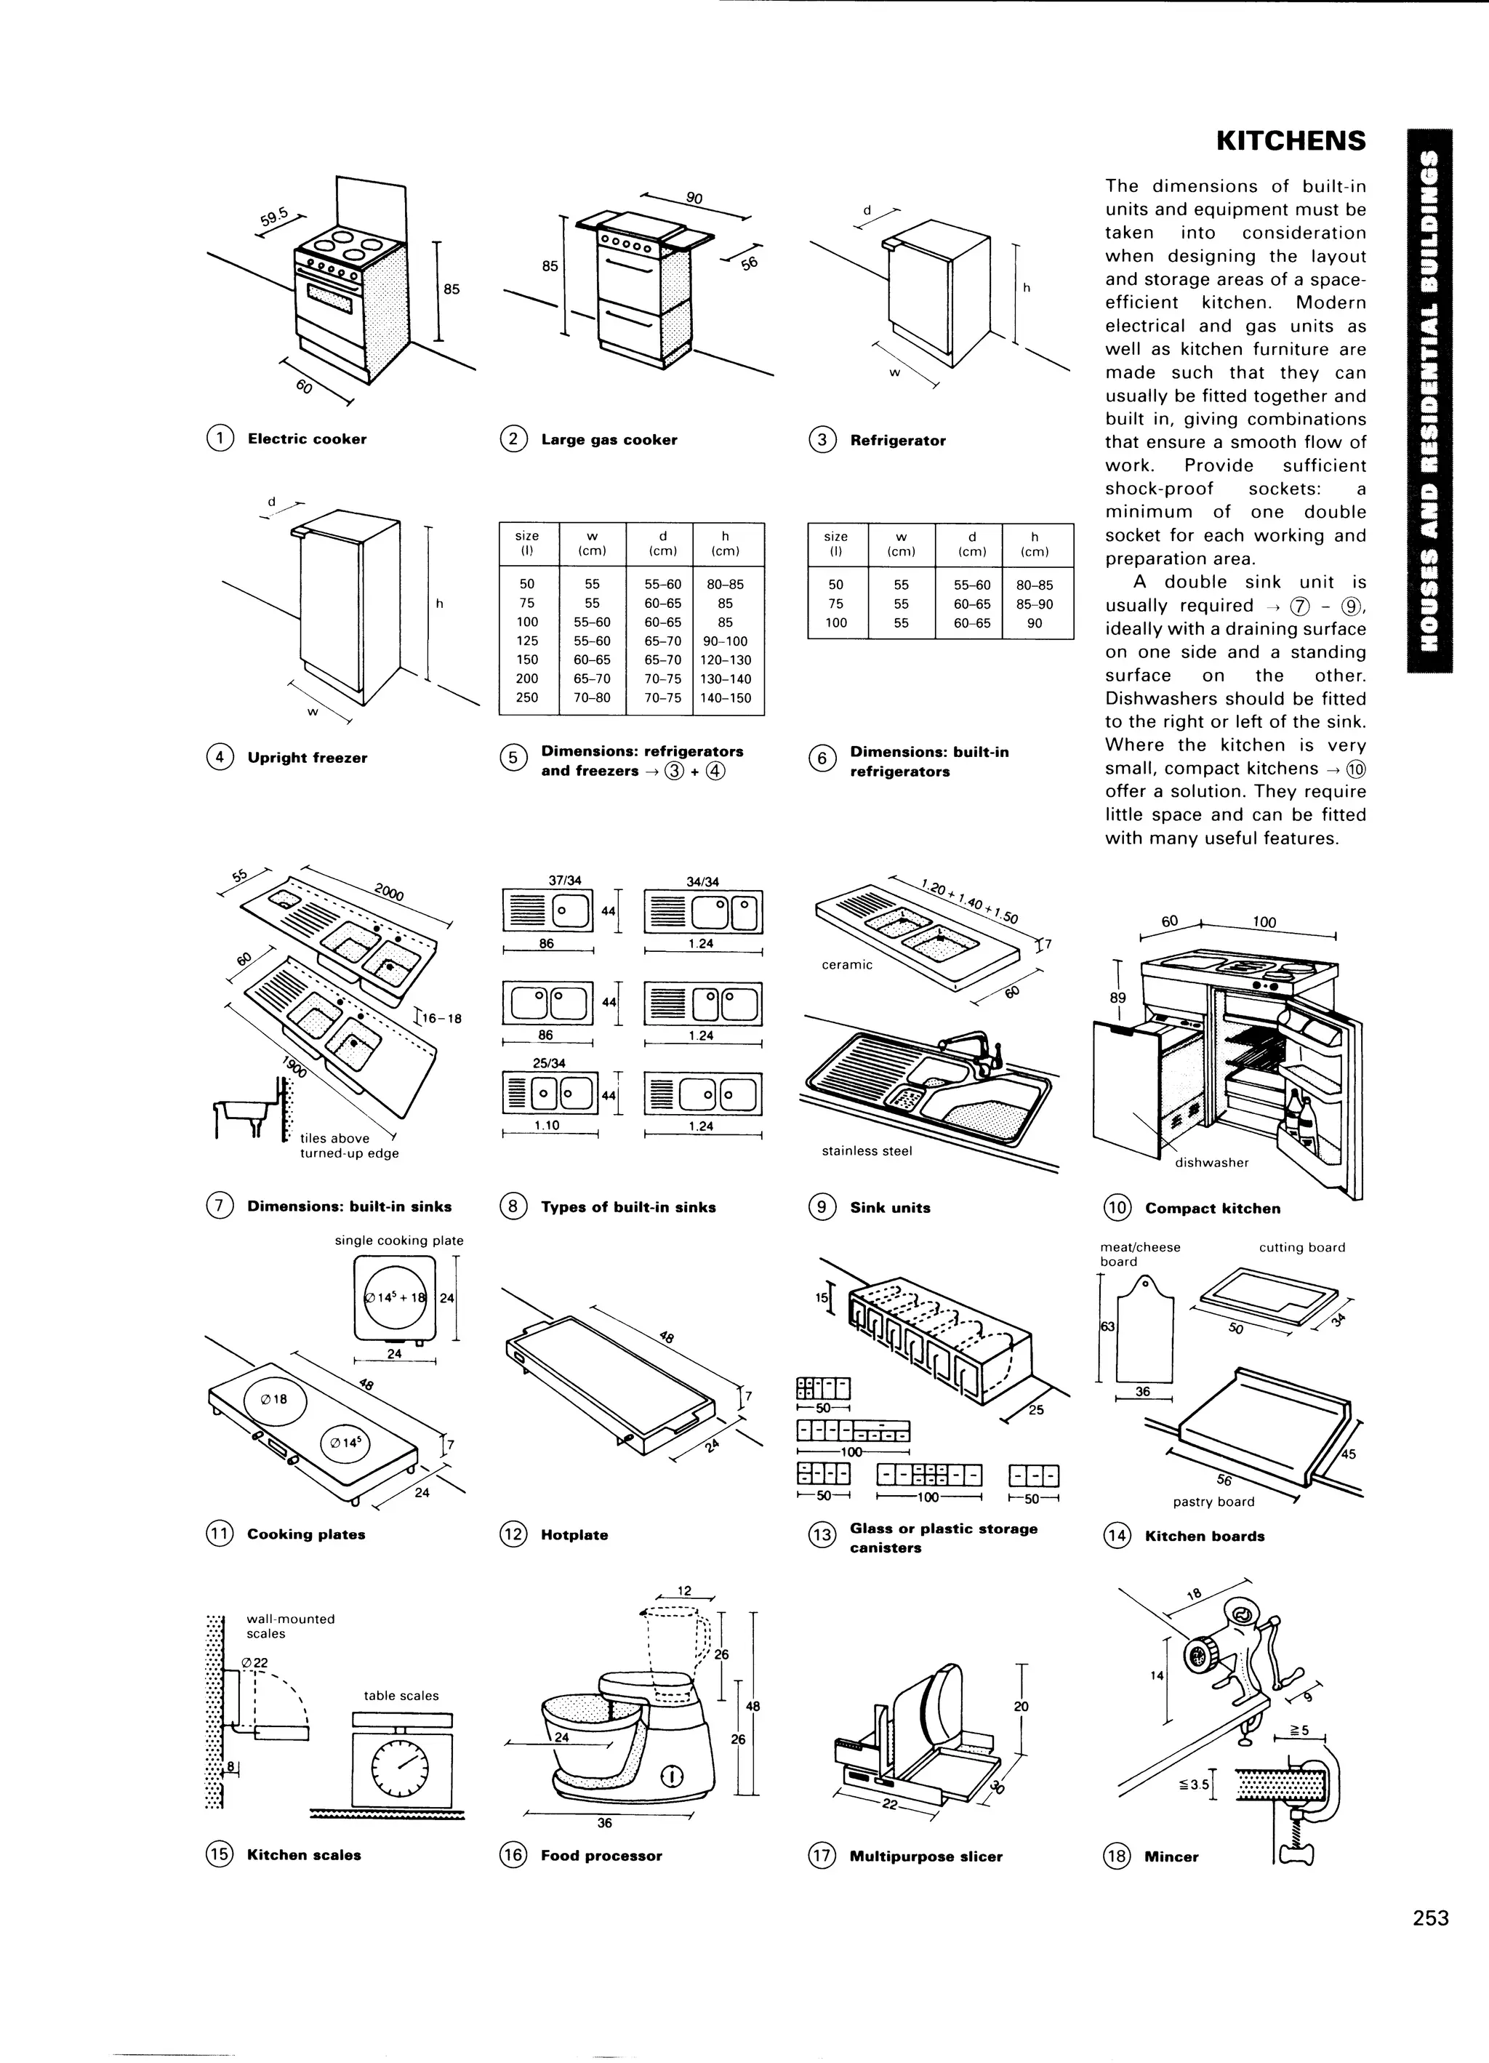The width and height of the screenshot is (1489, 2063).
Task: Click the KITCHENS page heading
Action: point(1291,141)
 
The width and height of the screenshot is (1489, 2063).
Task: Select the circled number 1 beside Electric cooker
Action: point(220,438)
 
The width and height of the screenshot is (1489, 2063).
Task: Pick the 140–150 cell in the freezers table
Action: point(726,697)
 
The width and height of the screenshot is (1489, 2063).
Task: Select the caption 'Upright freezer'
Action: point(307,758)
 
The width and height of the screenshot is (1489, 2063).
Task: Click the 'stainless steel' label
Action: point(866,1150)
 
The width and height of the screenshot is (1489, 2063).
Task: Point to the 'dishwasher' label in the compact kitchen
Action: point(1211,1163)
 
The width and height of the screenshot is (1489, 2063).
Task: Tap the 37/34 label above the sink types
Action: point(564,881)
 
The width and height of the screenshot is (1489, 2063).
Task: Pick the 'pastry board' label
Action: point(1213,1502)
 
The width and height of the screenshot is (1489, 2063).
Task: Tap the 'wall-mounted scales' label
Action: point(290,1625)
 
